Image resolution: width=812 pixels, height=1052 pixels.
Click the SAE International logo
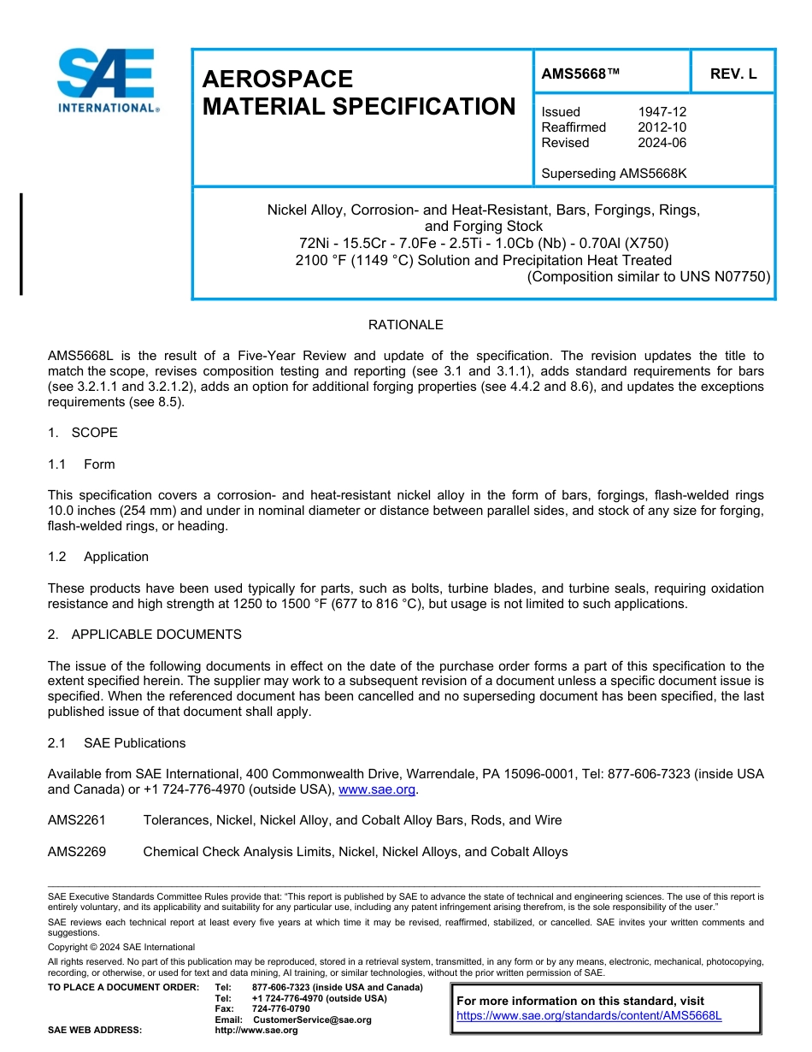click(107, 80)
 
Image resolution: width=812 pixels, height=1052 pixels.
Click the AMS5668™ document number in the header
click(580, 74)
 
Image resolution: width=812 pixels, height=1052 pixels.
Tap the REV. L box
click(733, 74)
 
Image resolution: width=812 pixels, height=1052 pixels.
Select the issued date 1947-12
click(662, 112)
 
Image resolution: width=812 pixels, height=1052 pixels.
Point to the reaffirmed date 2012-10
click(662, 127)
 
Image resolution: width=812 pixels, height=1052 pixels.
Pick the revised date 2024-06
click(662, 143)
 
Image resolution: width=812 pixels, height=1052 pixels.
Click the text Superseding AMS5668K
click(614, 174)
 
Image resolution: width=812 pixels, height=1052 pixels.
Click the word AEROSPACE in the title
click(277, 79)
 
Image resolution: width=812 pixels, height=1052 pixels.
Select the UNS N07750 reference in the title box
click(722, 276)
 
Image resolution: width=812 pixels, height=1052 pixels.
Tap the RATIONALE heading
click(405, 325)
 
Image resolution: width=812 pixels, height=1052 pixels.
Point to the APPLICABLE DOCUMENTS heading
click(156, 635)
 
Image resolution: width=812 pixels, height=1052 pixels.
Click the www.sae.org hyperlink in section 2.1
click(377, 789)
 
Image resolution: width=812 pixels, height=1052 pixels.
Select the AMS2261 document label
click(77, 820)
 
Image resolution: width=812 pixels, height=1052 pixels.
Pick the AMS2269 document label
click(77, 852)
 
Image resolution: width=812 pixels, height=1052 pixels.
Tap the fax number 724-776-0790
click(281, 1009)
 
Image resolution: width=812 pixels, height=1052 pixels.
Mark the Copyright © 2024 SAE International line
click(121, 947)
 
